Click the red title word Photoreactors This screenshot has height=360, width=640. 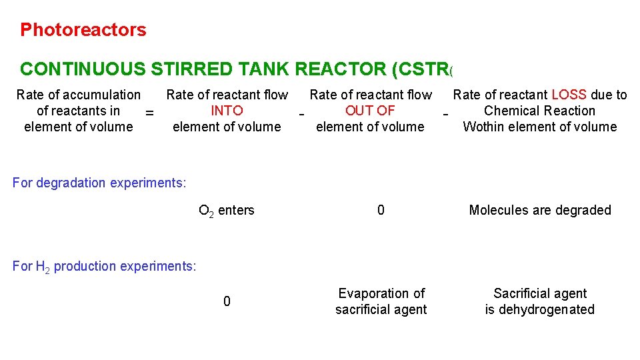click(x=83, y=30)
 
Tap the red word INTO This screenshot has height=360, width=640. click(x=227, y=111)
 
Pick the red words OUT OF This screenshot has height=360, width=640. click(x=370, y=111)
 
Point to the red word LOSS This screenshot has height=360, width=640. click(x=569, y=95)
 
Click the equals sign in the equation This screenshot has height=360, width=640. click(x=149, y=114)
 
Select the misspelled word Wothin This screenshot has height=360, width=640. click(x=485, y=127)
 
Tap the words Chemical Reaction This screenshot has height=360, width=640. click(x=539, y=111)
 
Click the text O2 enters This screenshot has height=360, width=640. click(x=227, y=211)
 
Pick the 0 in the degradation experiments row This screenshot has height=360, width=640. click(x=381, y=210)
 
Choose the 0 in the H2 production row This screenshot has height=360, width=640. click(x=227, y=301)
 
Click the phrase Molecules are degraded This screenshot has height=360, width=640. click(x=540, y=210)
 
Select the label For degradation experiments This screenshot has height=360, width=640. click(x=99, y=183)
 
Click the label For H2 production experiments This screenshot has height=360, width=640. click(x=105, y=267)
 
